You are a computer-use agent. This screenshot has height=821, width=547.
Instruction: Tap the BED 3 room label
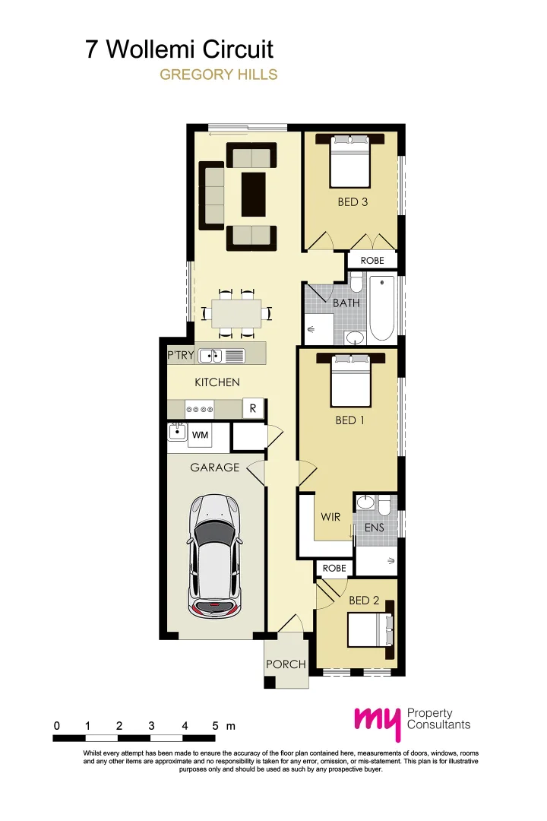coord(353,202)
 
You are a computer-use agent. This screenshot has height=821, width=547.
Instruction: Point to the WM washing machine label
coord(200,435)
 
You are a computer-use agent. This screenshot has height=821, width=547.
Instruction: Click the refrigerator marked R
coord(252,408)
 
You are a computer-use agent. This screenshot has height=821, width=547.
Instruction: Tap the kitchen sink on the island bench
coord(212,355)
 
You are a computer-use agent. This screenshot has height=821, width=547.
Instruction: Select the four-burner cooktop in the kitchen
coord(200,409)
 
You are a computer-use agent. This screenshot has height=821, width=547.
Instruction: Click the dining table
coord(236,312)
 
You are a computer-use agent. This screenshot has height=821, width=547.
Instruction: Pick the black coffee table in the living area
coord(253,195)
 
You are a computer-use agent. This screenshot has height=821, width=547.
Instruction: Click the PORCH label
coord(286,664)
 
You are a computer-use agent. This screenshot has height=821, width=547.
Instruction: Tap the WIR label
coord(330,517)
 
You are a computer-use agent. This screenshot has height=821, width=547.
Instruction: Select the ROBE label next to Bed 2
coord(334,568)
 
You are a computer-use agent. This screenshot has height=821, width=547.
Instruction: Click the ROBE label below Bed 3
coord(372,260)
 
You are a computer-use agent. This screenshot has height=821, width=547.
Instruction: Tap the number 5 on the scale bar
coord(217,726)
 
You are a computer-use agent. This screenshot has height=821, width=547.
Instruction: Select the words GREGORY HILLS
coord(218,74)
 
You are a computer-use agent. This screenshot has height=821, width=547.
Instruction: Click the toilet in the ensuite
coord(384,505)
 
